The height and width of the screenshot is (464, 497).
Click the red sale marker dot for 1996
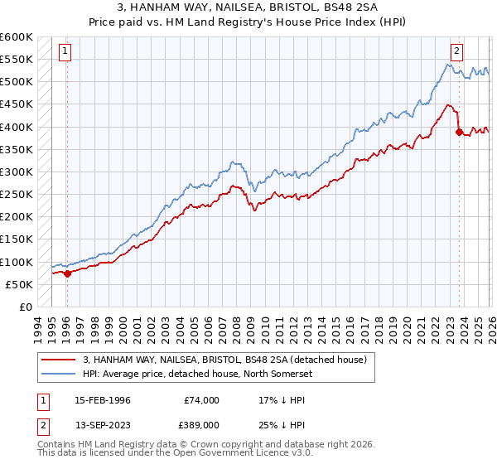coord(67,273)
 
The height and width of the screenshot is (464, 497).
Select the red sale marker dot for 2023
coord(460,131)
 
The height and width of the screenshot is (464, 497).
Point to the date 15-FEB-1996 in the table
coord(103,399)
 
